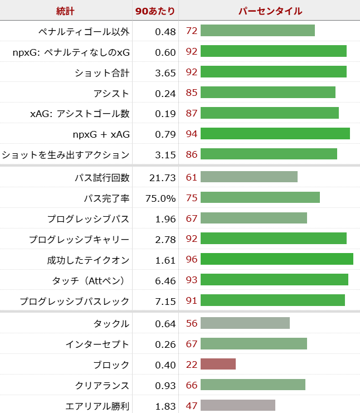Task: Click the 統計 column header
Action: [65, 11]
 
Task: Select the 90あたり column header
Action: [155, 11]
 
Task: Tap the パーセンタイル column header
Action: [270, 11]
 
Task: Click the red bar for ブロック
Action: [218, 365]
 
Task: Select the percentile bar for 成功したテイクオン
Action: [276, 259]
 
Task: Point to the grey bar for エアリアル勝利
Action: [237, 406]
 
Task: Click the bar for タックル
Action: [245, 323]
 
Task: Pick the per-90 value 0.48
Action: [166, 31]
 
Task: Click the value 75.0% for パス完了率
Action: [162, 198]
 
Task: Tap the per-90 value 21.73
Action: [163, 177]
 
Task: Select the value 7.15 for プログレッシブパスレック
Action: [166, 301]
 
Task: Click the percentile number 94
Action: [192, 134]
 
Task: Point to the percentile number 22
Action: [192, 365]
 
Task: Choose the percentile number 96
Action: [192, 259]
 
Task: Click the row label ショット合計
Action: [102, 72]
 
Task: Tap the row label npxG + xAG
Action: [101, 134]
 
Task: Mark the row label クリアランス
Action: [102, 385]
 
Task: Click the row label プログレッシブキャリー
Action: [79, 239]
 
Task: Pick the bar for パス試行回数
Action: [249, 177]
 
